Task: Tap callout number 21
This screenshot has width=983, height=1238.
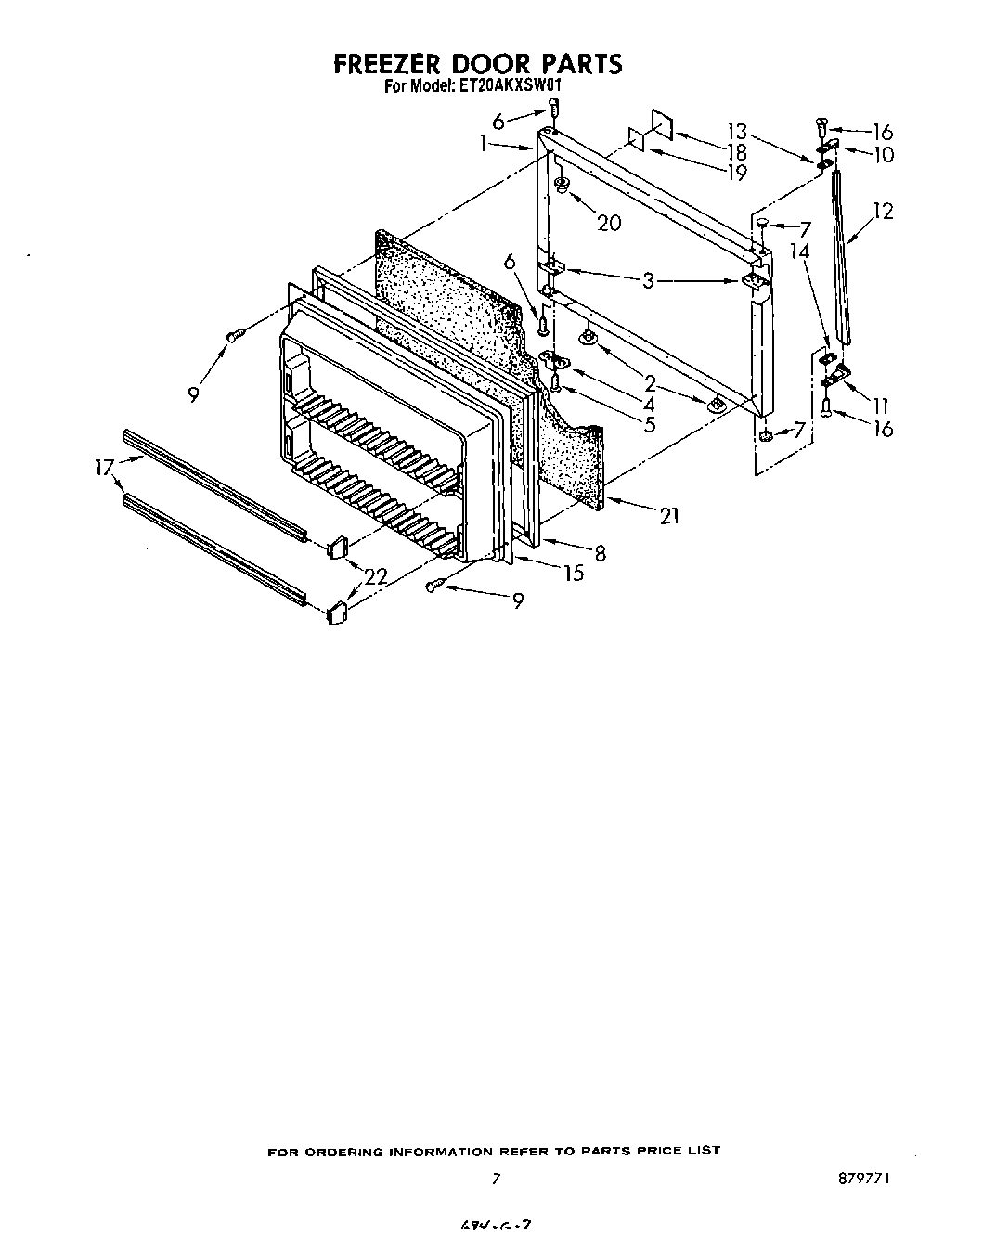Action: [668, 516]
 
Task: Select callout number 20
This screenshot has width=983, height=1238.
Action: [609, 222]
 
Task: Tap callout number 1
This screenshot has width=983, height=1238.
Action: [484, 143]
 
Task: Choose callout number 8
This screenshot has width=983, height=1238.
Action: [601, 553]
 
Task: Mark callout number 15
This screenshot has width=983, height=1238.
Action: [574, 574]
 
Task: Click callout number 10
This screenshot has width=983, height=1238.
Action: [882, 155]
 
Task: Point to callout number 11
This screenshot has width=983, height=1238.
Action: [880, 405]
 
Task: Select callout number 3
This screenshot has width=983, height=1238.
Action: [649, 280]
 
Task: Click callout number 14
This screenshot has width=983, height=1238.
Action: [799, 251]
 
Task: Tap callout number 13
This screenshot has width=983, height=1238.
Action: [737, 131]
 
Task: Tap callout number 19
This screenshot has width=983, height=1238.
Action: [737, 172]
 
